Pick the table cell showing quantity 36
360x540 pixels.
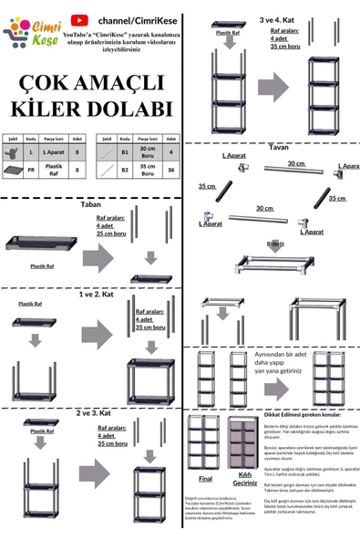(170, 169)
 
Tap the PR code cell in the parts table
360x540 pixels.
(31, 169)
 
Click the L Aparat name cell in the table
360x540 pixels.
(54, 151)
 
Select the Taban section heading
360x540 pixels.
(90, 205)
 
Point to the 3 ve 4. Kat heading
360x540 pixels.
(276, 19)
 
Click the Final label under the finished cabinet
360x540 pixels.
(205, 477)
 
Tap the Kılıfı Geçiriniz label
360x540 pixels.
(244, 479)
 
